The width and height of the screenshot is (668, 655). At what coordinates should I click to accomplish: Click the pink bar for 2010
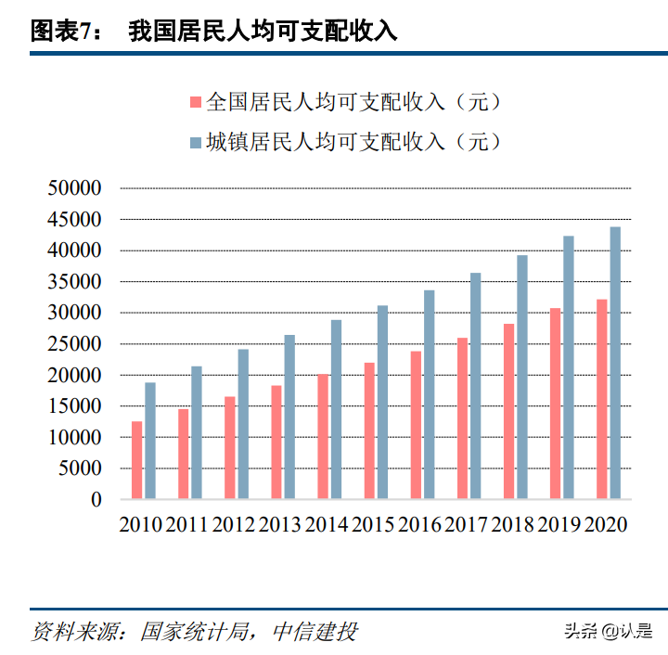pos(137,460)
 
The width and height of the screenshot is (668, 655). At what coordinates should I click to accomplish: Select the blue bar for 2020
pos(615,363)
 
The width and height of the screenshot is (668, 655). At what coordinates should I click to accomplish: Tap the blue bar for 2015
pos(382,402)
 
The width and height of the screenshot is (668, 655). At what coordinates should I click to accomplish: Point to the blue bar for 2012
pos(243,424)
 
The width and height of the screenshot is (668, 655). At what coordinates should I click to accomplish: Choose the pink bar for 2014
pos(323,436)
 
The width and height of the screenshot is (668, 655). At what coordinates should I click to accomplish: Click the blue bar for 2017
pos(475,386)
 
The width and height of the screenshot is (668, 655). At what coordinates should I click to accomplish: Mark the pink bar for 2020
pos(601,399)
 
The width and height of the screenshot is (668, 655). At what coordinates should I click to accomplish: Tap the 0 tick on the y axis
pos(96,499)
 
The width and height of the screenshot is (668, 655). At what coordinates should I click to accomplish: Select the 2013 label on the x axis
pos(281,524)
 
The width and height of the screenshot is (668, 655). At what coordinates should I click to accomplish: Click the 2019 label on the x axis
pos(559,524)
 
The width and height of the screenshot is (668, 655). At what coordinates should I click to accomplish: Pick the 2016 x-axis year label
pos(420,524)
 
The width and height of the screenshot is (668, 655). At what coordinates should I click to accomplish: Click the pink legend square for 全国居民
pos(195,101)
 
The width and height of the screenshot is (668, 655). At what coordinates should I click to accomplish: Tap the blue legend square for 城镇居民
pos(195,142)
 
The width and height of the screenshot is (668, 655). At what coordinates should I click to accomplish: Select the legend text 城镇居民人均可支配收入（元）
pos(353,141)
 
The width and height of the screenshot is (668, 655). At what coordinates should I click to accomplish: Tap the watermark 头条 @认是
pos(608,632)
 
